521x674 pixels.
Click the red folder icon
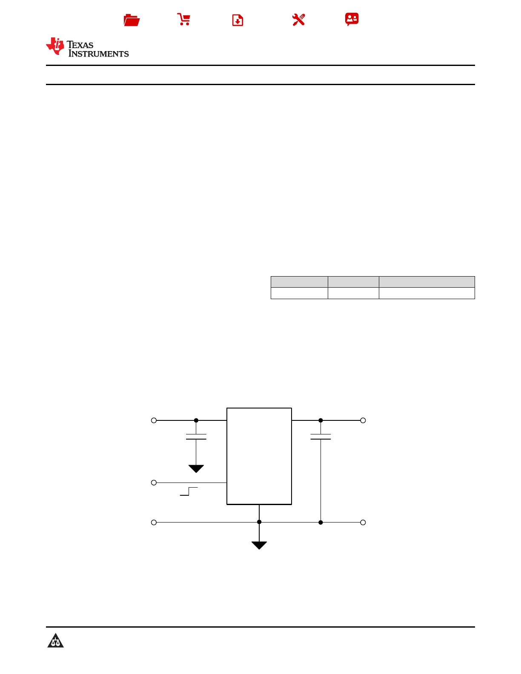point(132,20)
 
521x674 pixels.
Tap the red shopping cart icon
point(184,20)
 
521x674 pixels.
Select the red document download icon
point(238,20)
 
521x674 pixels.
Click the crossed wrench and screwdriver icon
point(298,20)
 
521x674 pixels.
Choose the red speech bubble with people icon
point(352,19)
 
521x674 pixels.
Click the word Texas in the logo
point(80,45)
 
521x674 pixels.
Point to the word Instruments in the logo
point(98,54)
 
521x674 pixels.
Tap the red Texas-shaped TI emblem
point(55,46)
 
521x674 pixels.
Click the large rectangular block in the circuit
point(259,456)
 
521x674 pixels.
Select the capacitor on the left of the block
point(196,437)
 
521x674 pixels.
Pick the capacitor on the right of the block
point(321,437)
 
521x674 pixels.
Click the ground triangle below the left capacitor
point(196,468)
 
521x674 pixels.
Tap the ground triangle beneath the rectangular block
point(259,545)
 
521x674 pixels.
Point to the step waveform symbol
point(189,491)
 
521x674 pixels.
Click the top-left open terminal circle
point(154,420)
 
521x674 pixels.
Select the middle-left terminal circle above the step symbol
point(154,483)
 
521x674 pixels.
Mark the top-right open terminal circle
point(363,420)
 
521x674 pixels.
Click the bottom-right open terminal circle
point(363,523)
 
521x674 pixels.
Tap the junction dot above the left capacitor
point(196,420)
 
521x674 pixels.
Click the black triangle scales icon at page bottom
point(55,641)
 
